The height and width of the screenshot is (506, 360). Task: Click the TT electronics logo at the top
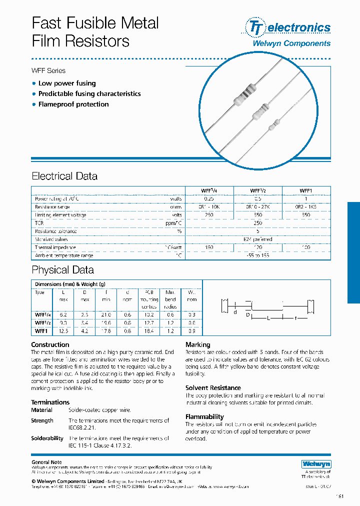pos(287,27)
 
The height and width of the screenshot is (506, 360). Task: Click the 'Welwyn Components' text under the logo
pos(291,43)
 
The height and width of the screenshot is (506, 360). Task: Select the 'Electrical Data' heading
pos(64,176)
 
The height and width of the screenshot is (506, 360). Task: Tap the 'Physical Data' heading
pos(62,270)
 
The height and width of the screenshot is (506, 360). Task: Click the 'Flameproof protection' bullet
pos(73,104)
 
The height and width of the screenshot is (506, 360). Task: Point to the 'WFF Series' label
pos(48,70)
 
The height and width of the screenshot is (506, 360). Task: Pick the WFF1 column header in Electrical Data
pos(306,190)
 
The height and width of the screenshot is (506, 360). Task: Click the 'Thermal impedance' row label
pos(55,247)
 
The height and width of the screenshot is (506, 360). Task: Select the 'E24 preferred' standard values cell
pos(258,239)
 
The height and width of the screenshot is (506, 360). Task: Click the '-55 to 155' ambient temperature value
pos(258,255)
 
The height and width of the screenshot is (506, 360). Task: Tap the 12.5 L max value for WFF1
pos(63,330)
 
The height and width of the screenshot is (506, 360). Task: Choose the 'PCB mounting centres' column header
pos(149,299)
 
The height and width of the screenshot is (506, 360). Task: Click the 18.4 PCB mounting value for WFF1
pos(149,330)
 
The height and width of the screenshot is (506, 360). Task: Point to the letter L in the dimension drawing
pos(268,317)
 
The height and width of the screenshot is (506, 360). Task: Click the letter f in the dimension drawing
pos(296,317)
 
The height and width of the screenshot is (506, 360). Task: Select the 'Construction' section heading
pos(50,344)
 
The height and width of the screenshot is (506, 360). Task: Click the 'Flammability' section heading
pos(204,416)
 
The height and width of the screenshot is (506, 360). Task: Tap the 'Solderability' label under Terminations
pos(47,438)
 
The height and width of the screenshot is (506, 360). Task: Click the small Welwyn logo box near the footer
pos(316,464)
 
